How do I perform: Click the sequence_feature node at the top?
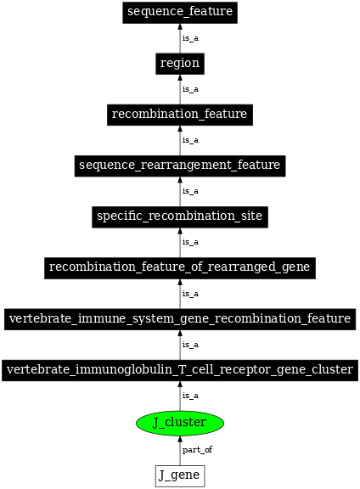[179, 12]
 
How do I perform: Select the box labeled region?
[179, 63]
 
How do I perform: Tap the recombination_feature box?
[179, 114]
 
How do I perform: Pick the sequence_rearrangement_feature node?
[179, 165]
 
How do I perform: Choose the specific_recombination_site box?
[179, 216]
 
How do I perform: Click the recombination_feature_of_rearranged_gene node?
[179, 267]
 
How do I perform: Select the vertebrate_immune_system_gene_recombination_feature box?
[179, 318]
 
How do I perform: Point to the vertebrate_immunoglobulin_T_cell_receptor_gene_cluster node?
[179, 370]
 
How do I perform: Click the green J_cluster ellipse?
[179, 422]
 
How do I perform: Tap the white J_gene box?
[179, 475]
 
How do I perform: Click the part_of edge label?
[197, 449]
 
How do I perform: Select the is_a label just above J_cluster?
[190, 396]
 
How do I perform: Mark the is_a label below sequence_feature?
[190, 37]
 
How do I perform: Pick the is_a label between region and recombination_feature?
[190, 88]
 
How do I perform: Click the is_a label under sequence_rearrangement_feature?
[190, 191]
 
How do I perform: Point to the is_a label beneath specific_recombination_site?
[190, 242]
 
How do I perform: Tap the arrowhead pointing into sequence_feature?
[179, 27]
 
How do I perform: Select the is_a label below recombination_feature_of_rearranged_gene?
[190, 293]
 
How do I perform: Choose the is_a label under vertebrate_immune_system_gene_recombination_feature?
[190, 345]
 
